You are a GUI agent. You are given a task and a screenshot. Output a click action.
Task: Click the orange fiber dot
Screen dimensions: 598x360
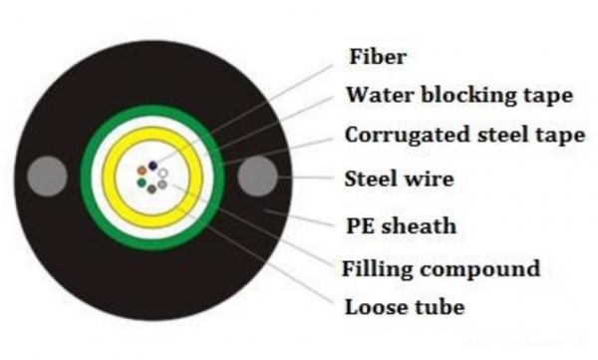coord(142,171)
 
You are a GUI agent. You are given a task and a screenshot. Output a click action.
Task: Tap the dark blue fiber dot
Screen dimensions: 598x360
coord(152,166)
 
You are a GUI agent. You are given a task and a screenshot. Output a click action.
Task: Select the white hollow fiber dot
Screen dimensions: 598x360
coord(163,174)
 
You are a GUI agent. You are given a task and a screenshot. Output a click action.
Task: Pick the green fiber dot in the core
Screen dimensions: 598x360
coord(142,182)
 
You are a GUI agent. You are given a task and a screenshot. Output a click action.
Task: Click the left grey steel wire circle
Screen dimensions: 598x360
coord(47,177)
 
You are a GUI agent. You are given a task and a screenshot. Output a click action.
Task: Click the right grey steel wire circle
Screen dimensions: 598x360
coord(257,176)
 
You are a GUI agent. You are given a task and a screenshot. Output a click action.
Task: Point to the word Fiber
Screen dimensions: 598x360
coord(378,57)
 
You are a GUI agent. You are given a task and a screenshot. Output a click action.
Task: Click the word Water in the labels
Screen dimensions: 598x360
coord(381,95)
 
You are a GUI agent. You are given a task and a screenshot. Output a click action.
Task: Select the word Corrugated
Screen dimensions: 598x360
coord(408,136)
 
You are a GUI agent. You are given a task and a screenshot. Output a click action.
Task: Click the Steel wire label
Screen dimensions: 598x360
coord(400,179)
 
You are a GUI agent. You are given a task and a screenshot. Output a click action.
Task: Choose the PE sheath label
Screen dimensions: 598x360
coord(402,226)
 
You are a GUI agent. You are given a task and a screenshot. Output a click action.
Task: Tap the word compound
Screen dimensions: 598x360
coord(480,269)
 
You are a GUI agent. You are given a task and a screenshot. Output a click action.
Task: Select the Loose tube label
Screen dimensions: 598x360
coord(405,307)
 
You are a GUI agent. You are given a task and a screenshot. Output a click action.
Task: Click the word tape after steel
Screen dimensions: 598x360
coord(560,137)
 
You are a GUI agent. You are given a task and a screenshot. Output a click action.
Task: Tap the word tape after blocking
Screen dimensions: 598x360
coord(548,96)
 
